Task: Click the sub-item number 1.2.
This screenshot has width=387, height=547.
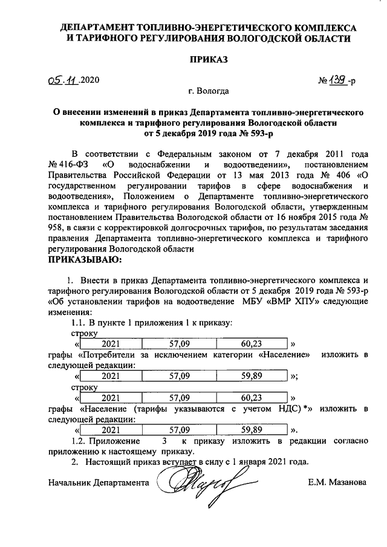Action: pyautogui.click(x=80, y=441)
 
